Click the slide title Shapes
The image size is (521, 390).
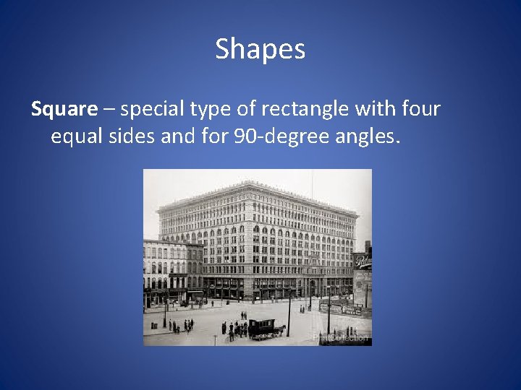(x=260, y=49)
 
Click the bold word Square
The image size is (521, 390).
(x=64, y=109)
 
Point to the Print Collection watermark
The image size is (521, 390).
(x=340, y=337)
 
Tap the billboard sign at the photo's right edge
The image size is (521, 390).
(x=362, y=261)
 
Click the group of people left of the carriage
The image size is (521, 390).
(x=235, y=329)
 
